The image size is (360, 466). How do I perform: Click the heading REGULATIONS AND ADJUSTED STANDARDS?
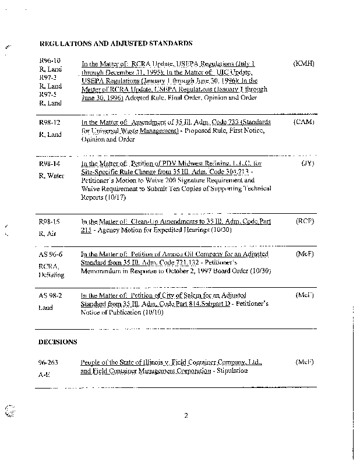tap(115, 43)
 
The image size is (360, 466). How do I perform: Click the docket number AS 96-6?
tap(50, 254)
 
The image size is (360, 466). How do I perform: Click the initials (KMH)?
tap(304, 63)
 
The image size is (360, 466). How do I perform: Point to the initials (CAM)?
tap(304, 123)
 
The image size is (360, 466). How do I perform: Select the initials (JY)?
tap(308, 164)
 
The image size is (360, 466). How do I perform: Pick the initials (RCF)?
tap(305, 221)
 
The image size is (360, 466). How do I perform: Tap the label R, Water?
tap(51, 175)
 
